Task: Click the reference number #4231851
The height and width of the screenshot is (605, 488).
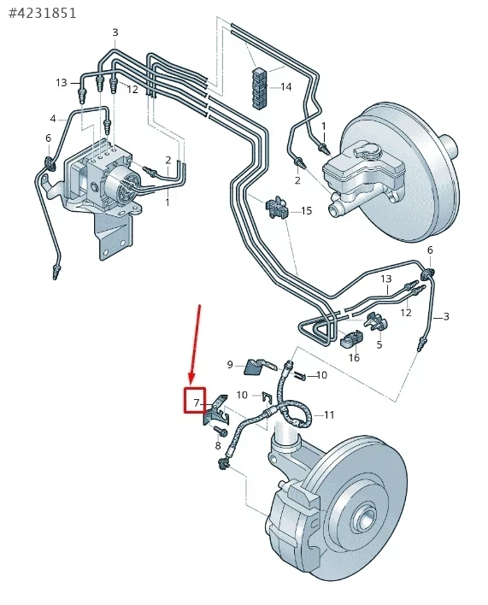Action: pyautogui.click(x=42, y=13)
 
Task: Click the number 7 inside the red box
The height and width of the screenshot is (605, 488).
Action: pyautogui.click(x=197, y=403)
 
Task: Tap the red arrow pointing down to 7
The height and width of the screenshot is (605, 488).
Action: pyautogui.click(x=195, y=344)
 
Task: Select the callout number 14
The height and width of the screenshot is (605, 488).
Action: pyautogui.click(x=285, y=87)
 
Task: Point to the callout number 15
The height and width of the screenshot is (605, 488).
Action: pyautogui.click(x=306, y=211)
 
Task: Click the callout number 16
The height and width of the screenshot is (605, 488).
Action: pyautogui.click(x=354, y=358)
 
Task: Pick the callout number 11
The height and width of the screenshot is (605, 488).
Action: pyautogui.click(x=329, y=414)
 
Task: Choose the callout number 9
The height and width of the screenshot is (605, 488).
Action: pyautogui.click(x=230, y=365)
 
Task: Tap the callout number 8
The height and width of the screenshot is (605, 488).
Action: pyautogui.click(x=218, y=446)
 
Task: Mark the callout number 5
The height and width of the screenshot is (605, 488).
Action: pyautogui.click(x=379, y=344)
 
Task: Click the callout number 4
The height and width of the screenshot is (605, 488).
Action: pyautogui.click(x=53, y=119)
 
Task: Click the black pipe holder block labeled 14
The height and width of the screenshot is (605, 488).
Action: pyautogui.click(x=261, y=87)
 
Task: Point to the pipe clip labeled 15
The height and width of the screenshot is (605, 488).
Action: pyautogui.click(x=278, y=209)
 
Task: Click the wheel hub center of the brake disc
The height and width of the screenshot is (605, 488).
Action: pyautogui.click(x=367, y=517)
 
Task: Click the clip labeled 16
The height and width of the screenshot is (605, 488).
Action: pyautogui.click(x=351, y=338)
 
